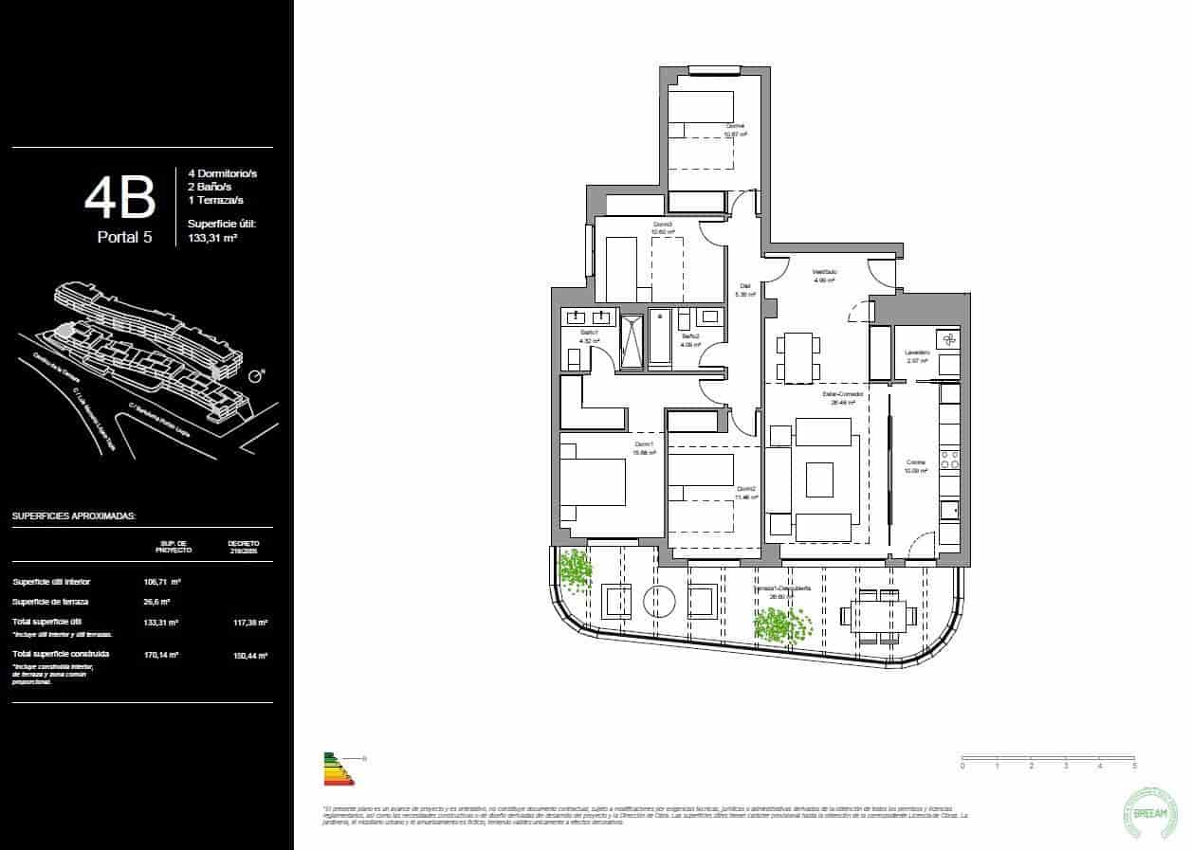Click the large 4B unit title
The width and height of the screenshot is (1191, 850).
(119, 198)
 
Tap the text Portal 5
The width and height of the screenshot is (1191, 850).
(124, 237)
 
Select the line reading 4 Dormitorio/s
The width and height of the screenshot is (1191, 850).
(223, 174)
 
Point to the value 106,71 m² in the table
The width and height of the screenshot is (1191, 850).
(163, 582)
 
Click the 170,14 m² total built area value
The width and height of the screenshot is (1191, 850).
(163, 654)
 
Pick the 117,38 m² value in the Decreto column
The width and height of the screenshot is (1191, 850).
(250, 623)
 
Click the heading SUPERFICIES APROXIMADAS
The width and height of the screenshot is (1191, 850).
(74, 516)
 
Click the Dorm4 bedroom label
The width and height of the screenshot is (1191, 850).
(736, 126)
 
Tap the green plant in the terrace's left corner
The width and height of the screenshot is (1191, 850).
(574, 570)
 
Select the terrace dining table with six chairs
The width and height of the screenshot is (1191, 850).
(883, 616)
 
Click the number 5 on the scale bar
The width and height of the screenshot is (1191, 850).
(1134, 765)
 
